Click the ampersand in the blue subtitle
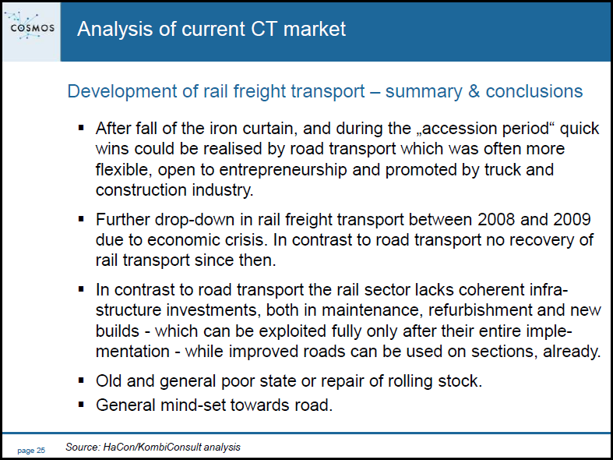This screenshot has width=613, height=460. coord(473,91)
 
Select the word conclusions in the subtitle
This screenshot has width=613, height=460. coord(534,91)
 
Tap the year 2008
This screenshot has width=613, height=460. coord(495,219)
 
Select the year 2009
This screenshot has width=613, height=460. coord(572,219)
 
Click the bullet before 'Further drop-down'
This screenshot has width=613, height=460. coord(81,219)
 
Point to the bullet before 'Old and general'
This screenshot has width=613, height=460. coord(81,380)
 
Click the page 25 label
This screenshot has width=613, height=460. coord(31,451)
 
